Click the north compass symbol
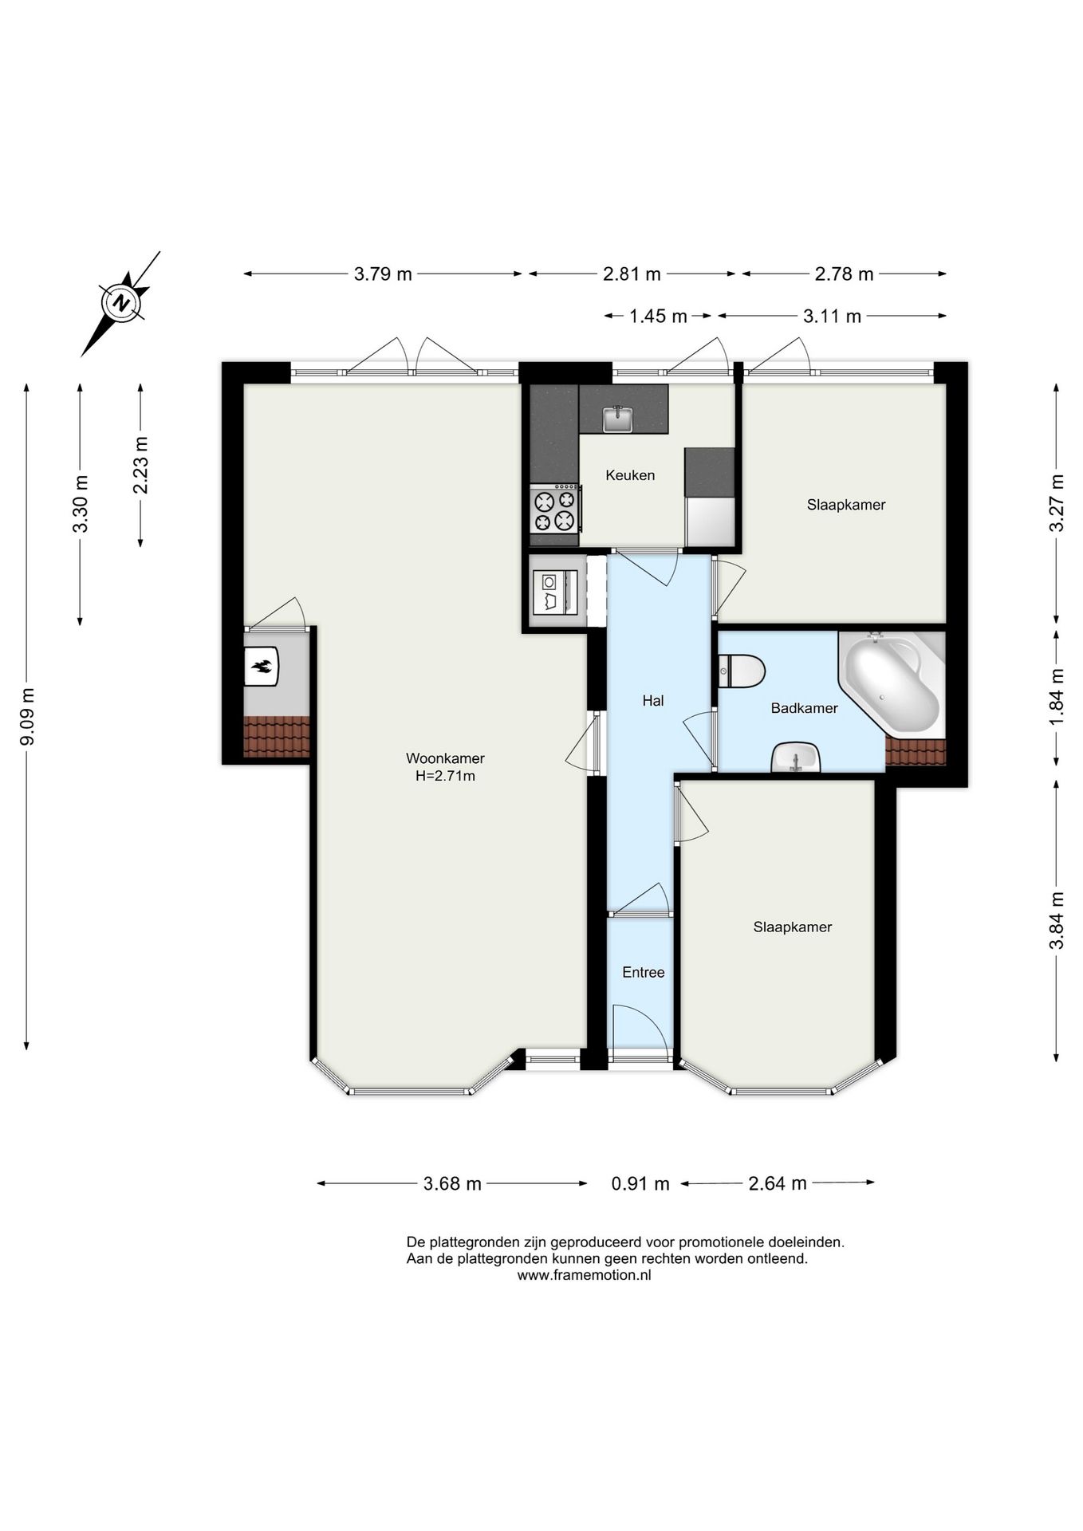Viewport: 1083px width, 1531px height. pyautogui.click(x=122, y=303)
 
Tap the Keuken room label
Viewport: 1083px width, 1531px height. pyautogui.click(x=630, y=475)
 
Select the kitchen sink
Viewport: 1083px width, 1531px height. pyautogui.click(x=617, y=418)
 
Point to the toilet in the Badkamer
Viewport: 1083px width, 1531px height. pyautogui.click(x=742, y=671)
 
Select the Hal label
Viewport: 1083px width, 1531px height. pyautogui.click(x=653, y=701)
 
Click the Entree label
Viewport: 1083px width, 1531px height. pyautogui.click(x=644, y=972)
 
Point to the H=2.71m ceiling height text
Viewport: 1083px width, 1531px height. pyautogui.click(x=445, y=776)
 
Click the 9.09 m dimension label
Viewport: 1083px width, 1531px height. pyautogui.click(x=27, y=716)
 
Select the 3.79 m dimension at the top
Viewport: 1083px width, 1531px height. pyautogui.click(x=383, y=274)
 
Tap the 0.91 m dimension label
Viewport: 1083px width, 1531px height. pyautogui.click(x=640, y=1183)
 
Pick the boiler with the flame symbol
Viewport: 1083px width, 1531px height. pyautogui.click(x=261, y=666)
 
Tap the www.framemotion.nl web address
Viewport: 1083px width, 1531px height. pyautogui.click(x=584, y=1275)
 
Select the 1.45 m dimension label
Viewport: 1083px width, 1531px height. pyautogui.click(x=658, y=317)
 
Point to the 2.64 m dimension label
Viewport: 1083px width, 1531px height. pyautogui.click(x=777, y=1183)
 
